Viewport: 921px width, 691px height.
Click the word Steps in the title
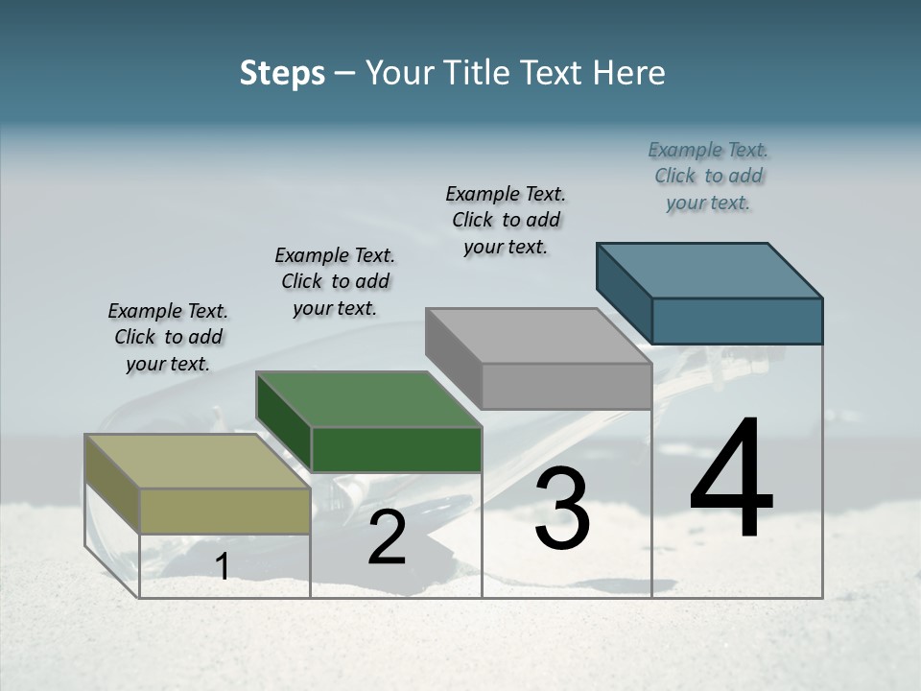click(282, 73)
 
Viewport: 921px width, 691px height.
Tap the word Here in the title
click(629, 73)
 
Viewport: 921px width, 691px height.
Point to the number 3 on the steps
click(562, 509)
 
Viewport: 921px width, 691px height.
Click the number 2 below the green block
click(387, 538)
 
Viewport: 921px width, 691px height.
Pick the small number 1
click(223, 567)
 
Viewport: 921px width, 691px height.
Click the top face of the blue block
click(710, 271)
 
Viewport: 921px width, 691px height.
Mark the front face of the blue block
click(737, 321)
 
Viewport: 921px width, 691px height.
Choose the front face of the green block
click(396, 449)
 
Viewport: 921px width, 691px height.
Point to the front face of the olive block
click(224, 511)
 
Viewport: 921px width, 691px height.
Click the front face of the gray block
click(566, 386)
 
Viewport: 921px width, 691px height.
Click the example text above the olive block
click(168, 338)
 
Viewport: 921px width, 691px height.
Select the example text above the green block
click(335, 281)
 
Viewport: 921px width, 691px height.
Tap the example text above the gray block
click(506, 220)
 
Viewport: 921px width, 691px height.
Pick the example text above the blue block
click(708, 176)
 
